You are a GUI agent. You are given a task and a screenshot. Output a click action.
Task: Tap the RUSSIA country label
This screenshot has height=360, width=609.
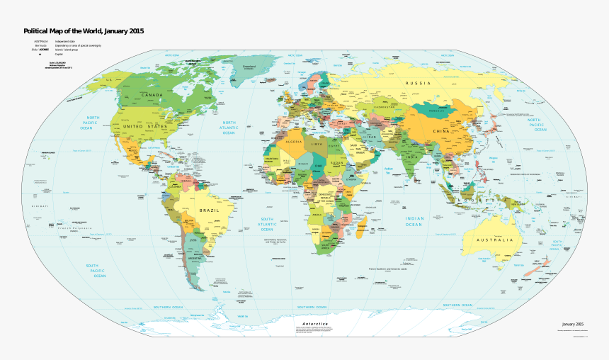418,84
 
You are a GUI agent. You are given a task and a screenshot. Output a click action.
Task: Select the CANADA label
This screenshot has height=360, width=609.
152,94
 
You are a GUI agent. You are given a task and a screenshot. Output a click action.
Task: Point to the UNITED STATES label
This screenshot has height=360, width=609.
146,126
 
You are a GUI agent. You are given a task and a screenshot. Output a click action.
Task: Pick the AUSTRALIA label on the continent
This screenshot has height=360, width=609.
495,240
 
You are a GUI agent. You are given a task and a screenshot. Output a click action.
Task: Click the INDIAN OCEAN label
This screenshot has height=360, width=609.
414,222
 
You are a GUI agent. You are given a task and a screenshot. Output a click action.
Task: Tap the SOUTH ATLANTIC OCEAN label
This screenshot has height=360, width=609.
266,224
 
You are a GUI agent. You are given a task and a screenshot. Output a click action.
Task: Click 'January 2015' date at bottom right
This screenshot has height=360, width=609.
569,323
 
